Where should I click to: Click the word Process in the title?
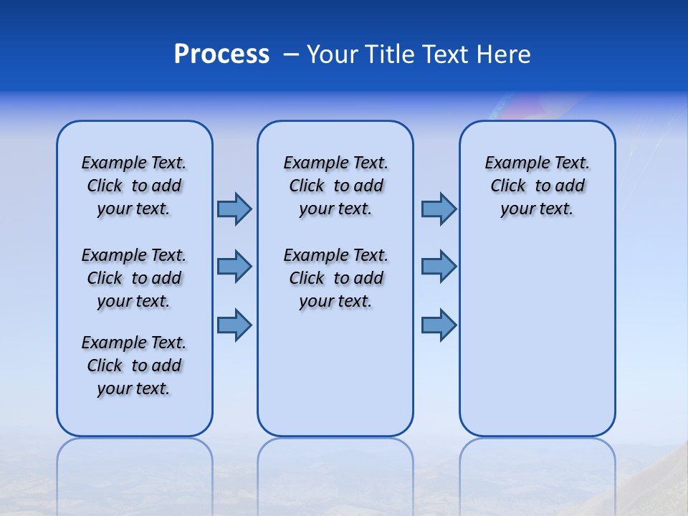pos(221,54)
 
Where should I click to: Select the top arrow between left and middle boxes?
pos(234,209)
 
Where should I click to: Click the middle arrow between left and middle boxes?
pos(234,267)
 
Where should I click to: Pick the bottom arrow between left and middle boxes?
pos(234,325)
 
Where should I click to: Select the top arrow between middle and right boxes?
pos(438,209)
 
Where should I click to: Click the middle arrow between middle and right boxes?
pos(438,267)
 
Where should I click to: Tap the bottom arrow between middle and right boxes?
pos(438,325)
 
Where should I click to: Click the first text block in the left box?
pos(134,186)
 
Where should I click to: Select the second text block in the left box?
pos(134,278)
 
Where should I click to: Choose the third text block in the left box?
pos(134,365)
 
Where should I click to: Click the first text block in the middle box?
pos(335,186)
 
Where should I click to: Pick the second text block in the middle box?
pos(335,278)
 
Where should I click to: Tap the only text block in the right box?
pos(537,186)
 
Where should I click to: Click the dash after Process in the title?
pos(290,54)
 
